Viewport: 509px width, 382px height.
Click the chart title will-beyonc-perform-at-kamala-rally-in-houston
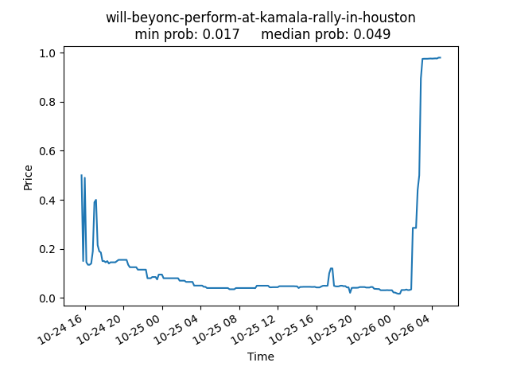pyautogui.click(x=260, y=18)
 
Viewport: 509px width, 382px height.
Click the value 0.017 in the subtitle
pyautogui.click(x=223, y=35)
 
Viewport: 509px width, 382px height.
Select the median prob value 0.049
pyautogui.click(x=373, y=35)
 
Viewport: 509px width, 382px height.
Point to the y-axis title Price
pyautogui.click(x=29, y=177)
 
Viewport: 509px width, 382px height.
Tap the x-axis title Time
pyautogui.click(x=260, y=357)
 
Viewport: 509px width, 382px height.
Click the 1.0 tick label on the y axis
pyautogui.click(x=49, y=53)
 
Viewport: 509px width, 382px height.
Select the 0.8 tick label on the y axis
pyautogui.click(x=49, y=102)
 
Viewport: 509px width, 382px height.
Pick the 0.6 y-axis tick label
pyautogui.click(x=49, y=151)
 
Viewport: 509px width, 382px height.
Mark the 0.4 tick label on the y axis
pyautogui.click(x=49, y=201)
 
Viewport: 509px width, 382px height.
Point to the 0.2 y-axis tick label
pyautogui.click(x=49, y=249)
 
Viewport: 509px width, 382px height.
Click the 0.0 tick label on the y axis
pyautogui.click(x=49, y=298)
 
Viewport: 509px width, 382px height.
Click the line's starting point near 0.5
pyautogui.click(x=82, y=176)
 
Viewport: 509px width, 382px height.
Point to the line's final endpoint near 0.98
pyautogui.click(x=440, y=57)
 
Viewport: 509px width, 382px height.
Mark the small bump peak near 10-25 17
pyautogui.click(x=331, y=268)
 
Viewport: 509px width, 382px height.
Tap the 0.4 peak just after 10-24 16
pyautogui.click(x=96, y=200)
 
